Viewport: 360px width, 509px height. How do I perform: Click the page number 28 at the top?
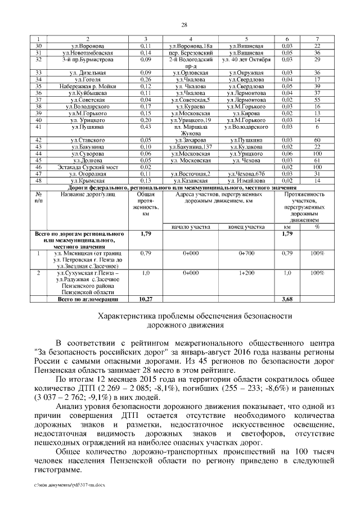[183, 24]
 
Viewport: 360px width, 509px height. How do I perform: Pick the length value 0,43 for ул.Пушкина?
[145, 128]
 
